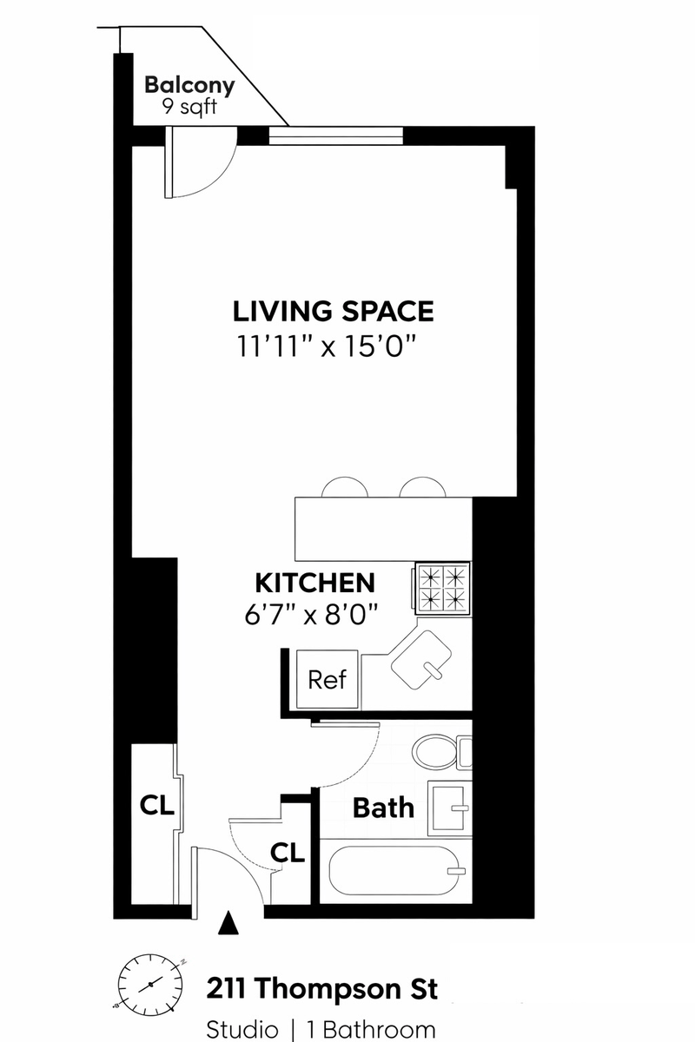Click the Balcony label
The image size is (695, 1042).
pyautogui.click(x=189, y=86)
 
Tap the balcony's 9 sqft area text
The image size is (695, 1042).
pyautogui.click(x=189, y=108)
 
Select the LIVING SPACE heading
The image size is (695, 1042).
pyautogui.click(x=334, y=311)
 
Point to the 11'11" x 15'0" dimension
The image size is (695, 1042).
pyautogui.click(x=326, y=346)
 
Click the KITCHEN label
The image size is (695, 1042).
pyautogui.click(x=315, y=583)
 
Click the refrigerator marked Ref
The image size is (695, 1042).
pyautogui.click(x=328, y=679)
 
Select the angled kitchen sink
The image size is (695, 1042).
pyautogui.click(x=421, y=660)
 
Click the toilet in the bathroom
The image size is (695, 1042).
pyautogui.click(x=442, y=752)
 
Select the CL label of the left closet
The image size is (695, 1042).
pyautogui.click(x=157, y=805)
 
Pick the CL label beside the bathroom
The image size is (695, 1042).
pyautogui.click(x=288, y=853)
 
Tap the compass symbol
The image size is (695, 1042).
pyautogui.click(x=149, y=984)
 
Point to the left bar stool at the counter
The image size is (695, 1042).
pyautogui.click(x=345, y=487)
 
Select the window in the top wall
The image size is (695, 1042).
pyautogui.click(x=335, y=135)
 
